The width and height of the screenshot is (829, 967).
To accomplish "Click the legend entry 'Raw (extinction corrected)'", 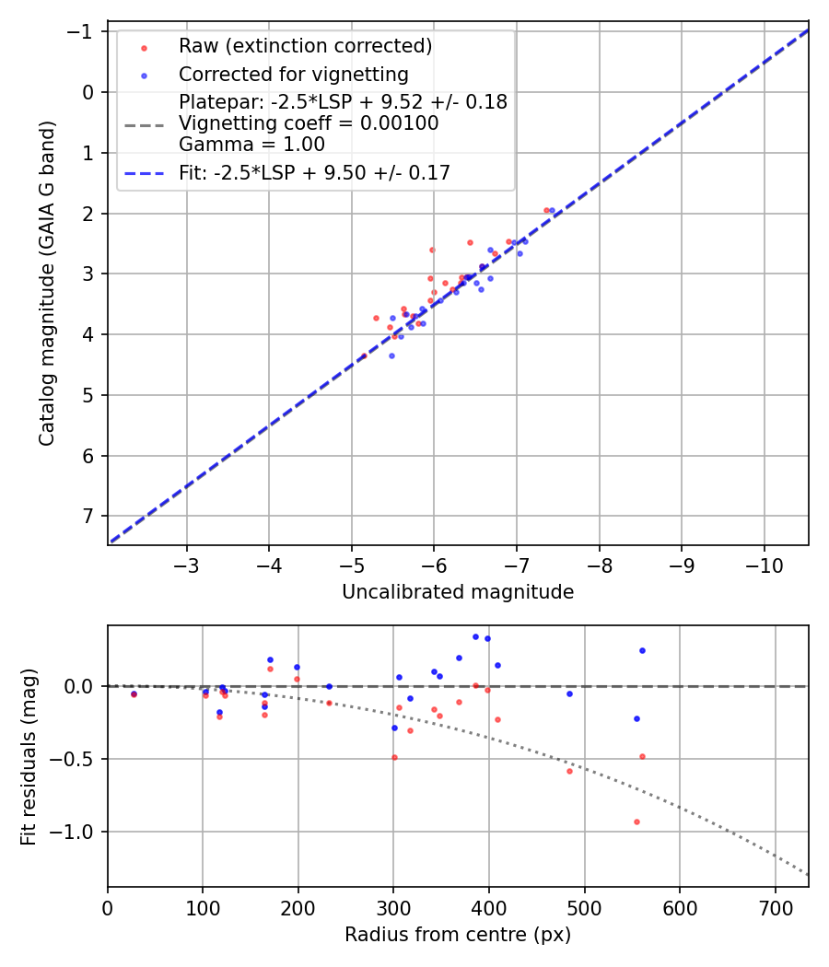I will (305, 46).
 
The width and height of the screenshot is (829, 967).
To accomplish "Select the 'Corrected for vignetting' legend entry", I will (294, 74).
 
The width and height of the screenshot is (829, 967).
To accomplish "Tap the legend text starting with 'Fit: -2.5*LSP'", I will (314, 172).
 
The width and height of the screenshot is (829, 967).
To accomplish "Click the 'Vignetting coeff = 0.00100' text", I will (309, 123).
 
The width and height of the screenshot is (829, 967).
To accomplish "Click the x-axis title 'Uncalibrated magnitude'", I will (458, 592).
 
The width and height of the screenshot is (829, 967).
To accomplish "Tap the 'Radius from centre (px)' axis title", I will (458, 935).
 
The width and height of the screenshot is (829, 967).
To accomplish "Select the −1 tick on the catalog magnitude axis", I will (85, 31).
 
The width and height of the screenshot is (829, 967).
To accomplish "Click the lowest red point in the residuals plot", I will (636, 821).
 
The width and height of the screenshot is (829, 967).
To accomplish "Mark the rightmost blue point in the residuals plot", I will (642, 650).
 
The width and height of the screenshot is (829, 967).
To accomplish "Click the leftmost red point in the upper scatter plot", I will (364, 355).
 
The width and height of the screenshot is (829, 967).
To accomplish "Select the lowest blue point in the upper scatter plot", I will (391, 355).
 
